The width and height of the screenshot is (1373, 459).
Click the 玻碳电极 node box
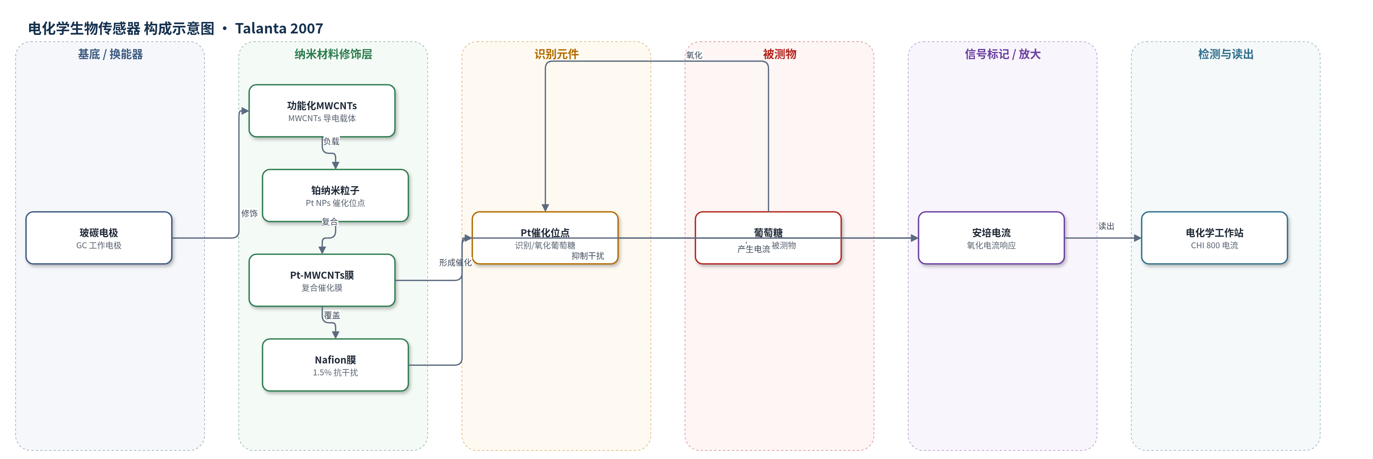99,238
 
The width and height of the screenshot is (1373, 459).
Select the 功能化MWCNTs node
322,111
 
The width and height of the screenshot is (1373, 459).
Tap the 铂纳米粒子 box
335,195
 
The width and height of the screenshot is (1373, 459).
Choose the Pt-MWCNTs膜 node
322,280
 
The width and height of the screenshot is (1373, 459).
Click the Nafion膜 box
335,365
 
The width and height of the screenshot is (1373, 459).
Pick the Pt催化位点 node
545,238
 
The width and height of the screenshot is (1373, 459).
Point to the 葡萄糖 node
768,238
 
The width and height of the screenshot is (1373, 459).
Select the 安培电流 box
991,238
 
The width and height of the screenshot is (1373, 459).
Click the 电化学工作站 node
1214,238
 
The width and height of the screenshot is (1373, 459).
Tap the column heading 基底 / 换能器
110,54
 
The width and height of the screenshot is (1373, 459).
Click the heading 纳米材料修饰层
333,54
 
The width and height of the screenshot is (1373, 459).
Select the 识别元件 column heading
556,54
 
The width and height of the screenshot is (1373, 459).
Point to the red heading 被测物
779,54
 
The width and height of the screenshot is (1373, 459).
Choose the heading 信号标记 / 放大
1003,54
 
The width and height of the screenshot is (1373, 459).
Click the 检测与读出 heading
1226,54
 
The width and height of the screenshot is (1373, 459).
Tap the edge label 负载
331,142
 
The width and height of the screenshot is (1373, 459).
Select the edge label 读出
1106,226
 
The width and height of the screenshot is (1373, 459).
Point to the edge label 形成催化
455,262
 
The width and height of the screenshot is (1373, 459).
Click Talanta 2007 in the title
279,28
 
